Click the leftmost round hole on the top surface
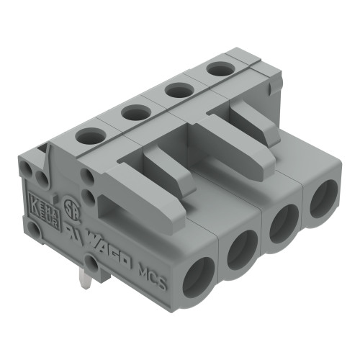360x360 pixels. [89, 134]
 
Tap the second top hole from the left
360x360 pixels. [133, 112]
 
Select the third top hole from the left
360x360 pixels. [176, 90]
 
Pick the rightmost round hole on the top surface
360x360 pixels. [216, 69]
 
